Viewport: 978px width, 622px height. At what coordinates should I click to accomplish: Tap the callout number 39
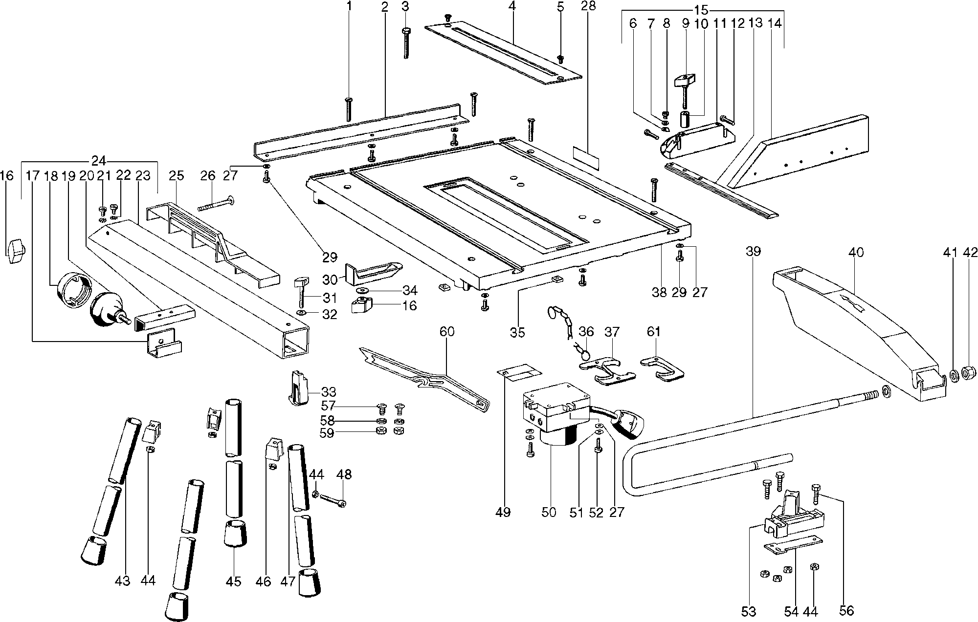(x=754, y=252)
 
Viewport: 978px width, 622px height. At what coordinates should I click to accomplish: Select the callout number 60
(x=446, y=332)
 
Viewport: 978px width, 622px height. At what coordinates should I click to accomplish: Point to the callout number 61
(x=654, y=332)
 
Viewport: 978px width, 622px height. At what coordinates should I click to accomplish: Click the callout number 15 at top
(x=701, y=9)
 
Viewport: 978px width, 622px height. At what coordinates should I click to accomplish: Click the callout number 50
(x=549, y=513)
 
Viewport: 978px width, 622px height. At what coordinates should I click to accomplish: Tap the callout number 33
(x=329, y=392)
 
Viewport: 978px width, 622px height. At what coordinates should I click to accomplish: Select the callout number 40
(x=856, y=253)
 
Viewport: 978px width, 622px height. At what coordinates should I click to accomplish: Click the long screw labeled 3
(x=406, y=44)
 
